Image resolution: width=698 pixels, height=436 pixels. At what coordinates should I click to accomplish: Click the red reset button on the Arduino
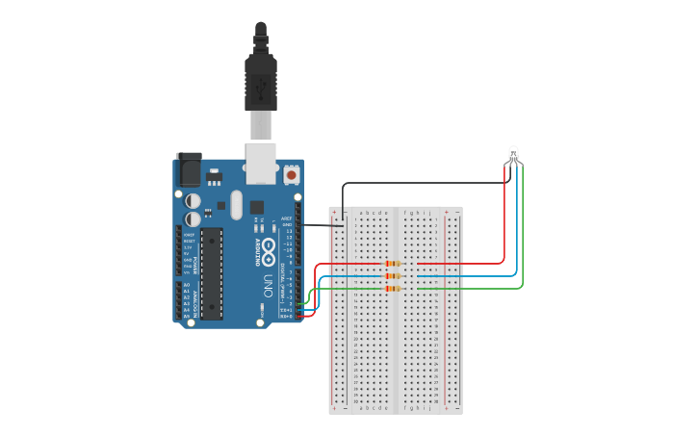pyautogui.click(x=292, y=176)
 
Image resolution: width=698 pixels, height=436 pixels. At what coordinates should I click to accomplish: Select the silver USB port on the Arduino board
pyautogui.click(x=260, y=163)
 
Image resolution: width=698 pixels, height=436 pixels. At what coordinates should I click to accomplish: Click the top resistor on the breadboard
pyautogui.click(x=393, y=264)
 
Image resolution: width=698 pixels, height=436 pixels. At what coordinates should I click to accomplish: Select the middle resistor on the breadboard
pyautogui.click(x=393, y=276)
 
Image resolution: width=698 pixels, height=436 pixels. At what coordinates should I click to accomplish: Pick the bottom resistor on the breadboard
pyautogui.click(x=393, y=288)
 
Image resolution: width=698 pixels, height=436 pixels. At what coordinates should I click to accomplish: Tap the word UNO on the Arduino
pyautogui.click(x=267, y=285)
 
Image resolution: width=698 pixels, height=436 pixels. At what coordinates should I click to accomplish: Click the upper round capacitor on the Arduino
pyautogui.click(x=194, y=200)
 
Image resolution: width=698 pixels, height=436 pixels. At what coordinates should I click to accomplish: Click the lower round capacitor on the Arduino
pyautogui.click(x=194, y=218)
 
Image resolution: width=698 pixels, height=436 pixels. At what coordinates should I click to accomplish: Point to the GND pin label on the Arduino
pyautogui.click(x=287, y=225)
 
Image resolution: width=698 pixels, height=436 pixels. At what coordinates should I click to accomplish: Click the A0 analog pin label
pyautogui.click(x=186, y=285)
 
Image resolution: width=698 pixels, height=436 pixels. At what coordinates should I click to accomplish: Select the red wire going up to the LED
pyautogui.click(x=504, y=221)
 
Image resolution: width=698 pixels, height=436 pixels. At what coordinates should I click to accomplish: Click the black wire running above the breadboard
pyautogui.click(x=424, y=183)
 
